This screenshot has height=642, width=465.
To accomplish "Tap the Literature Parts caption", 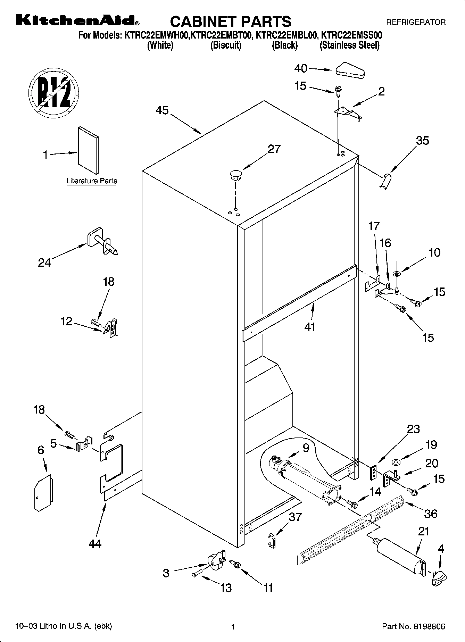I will [91, 181].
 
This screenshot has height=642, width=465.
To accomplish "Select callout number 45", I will [162, 110].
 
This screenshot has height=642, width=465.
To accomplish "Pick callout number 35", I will [422, 141].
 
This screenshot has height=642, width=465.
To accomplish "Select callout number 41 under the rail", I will [309, 327].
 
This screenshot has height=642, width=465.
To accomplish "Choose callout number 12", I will [66, 322].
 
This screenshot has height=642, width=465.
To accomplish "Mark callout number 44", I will [95, 543].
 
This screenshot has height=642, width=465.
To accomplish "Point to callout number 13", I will [226, 587].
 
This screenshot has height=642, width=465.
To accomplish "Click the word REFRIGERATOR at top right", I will [416, 22].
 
